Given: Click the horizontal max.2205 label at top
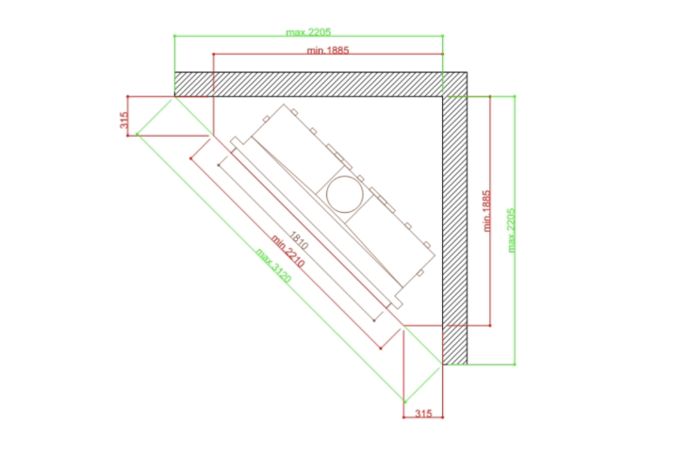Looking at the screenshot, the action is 308,32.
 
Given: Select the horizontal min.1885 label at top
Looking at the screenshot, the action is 328,50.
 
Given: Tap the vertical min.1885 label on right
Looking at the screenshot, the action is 486,211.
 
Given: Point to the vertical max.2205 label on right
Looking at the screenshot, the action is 511,231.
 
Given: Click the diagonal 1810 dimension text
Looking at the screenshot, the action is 299,240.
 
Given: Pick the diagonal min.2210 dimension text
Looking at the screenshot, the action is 287,252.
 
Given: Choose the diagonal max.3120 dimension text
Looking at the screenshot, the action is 273,266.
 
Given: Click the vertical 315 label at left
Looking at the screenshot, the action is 124,120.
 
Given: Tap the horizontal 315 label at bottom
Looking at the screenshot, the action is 423,414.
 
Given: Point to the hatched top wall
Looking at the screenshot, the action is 320,84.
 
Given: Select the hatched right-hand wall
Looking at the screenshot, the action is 455,231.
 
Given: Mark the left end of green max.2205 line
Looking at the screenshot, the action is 174,36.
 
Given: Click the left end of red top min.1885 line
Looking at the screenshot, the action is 213,54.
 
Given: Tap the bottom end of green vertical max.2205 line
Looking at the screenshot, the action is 515,365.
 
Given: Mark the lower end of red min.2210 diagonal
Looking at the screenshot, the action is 381,349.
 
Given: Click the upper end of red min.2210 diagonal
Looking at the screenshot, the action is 191,158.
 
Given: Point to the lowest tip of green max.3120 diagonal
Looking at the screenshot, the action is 404,402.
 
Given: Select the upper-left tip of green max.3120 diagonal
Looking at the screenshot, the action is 138,135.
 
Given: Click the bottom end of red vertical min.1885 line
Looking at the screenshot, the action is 490,326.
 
